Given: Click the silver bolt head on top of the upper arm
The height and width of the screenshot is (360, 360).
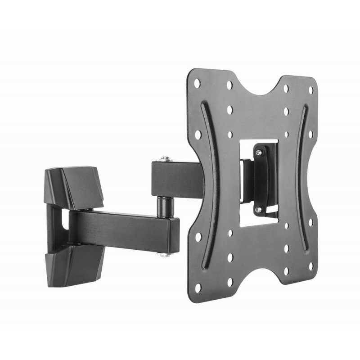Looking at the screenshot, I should (x=164, y=158).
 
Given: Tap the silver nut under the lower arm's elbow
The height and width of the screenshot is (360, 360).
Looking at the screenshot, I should (x=164, y=255).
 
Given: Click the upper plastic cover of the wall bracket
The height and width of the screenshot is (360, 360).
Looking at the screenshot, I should (x=76, y=184).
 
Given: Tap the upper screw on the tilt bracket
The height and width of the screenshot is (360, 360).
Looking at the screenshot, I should (x=258, y=153).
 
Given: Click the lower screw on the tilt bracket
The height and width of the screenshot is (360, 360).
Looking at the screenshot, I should (x=258, y=209).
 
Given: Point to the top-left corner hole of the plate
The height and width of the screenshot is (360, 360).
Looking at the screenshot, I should (x=197, y=82).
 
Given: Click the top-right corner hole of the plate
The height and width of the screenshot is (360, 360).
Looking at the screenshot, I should (x=310, y=90).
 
